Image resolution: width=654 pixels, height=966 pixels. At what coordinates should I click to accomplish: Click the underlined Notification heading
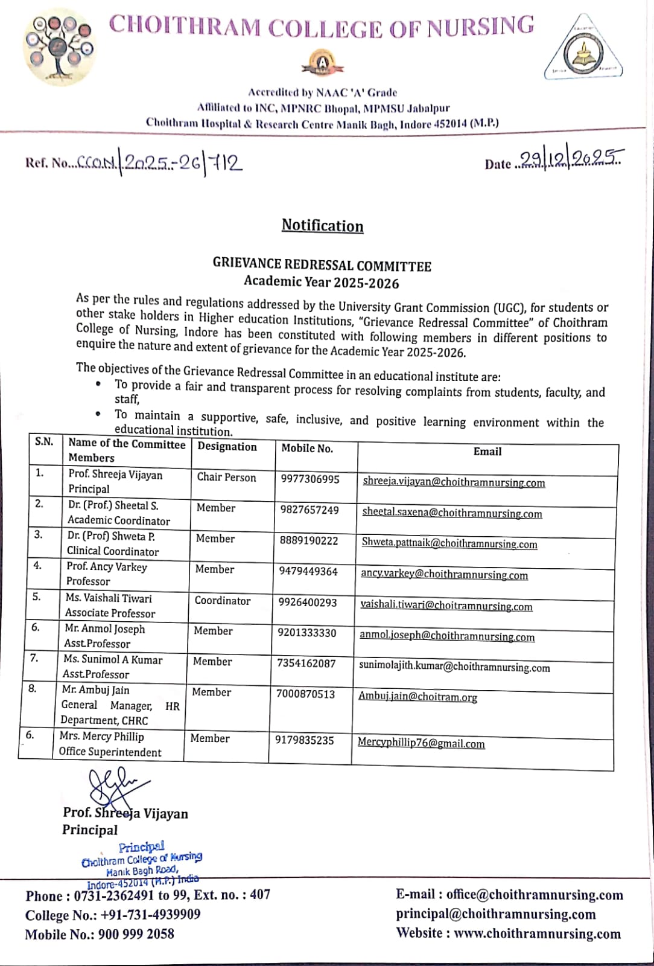coord(322,226)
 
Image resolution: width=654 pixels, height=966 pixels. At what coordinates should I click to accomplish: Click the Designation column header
coord(227,447)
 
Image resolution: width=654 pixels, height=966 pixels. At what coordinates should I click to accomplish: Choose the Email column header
coord(487,451)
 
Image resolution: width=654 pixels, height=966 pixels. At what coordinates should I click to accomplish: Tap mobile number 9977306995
coord(310,479)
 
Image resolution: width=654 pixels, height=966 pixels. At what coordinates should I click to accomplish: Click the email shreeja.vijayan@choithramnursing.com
coord(454,482)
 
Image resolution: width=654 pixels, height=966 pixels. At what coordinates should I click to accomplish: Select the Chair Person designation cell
coord(226,477)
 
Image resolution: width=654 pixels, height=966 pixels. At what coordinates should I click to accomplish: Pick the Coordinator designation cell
coord(222,601)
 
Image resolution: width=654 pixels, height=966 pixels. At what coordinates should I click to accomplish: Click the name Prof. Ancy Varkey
coord(107,567)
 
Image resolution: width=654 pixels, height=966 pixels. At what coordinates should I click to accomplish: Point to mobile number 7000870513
coord(305,694)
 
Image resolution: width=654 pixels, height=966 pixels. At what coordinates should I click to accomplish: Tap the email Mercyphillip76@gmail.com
coord(421,743)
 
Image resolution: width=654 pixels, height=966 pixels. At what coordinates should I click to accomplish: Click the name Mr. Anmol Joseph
coord(105,629)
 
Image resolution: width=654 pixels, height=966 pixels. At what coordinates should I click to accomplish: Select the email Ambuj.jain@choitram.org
coord(417,697)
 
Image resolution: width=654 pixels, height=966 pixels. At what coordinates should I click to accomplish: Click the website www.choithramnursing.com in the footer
coord(537,933)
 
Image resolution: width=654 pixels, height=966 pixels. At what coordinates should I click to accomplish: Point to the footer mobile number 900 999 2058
coord(136,934)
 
